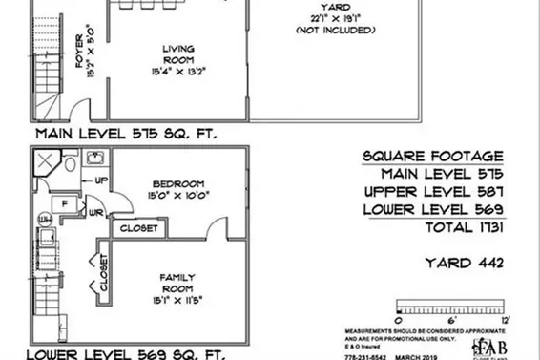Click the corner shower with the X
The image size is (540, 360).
coord(42,164)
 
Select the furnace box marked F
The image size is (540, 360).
coord(63,203)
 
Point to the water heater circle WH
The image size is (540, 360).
coord(42,222)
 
